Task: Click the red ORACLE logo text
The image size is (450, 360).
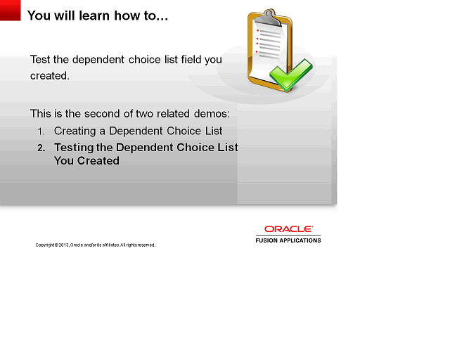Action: (288, 229)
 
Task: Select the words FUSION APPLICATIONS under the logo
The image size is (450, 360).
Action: (288, 240)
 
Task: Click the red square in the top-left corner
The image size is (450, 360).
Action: (11, 11)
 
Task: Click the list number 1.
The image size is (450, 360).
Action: (41, 131)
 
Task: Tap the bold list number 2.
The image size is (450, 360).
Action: (41, 148)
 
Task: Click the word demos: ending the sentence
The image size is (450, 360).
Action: (214, 113)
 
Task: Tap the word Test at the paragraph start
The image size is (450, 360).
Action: (41, 60)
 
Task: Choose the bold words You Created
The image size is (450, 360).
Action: (86, 161)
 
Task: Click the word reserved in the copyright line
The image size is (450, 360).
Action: (145, 245)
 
